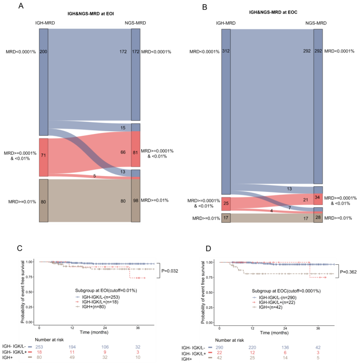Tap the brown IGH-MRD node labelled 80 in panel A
pyautogui.click(x=43, y=201)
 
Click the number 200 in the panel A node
pyautogui.click(x=44, y=52)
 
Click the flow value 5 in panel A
pyautogui.click(x=94, y=176)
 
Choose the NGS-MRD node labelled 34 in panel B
pyautogui.click(x=318, y=197)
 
